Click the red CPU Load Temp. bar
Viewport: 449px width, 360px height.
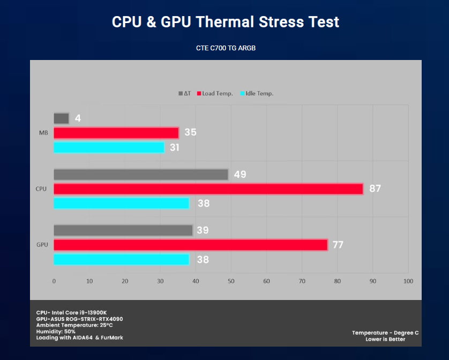(x=208, y=189)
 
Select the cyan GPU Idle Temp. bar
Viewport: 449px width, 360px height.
(x=121, y=259)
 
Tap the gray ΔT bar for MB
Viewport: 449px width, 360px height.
(x=61, y=118)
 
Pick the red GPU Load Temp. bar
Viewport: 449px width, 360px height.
(x=190, y=245)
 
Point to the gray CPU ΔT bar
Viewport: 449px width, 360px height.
(x=141, y=175)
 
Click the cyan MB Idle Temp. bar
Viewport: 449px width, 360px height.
(x=109, y=147)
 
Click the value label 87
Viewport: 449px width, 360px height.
(x=375, y=189)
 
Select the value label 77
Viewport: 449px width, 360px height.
(x=339, y=245)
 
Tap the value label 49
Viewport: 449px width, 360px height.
(x=240, y=175)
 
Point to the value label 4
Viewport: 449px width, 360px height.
(x=78, y=118)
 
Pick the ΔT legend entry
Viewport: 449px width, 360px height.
(x=184, y=94)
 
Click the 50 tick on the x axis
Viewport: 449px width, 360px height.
(x=231, y=281)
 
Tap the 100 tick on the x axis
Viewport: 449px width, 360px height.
(x=408, y=281)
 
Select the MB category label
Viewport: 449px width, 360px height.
(x=42, y=133)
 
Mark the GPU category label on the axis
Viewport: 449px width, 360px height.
(x=42, y=245)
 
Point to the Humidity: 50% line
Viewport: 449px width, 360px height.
(x=55, y=332)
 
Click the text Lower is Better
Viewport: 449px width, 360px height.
(x=385, y=339)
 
